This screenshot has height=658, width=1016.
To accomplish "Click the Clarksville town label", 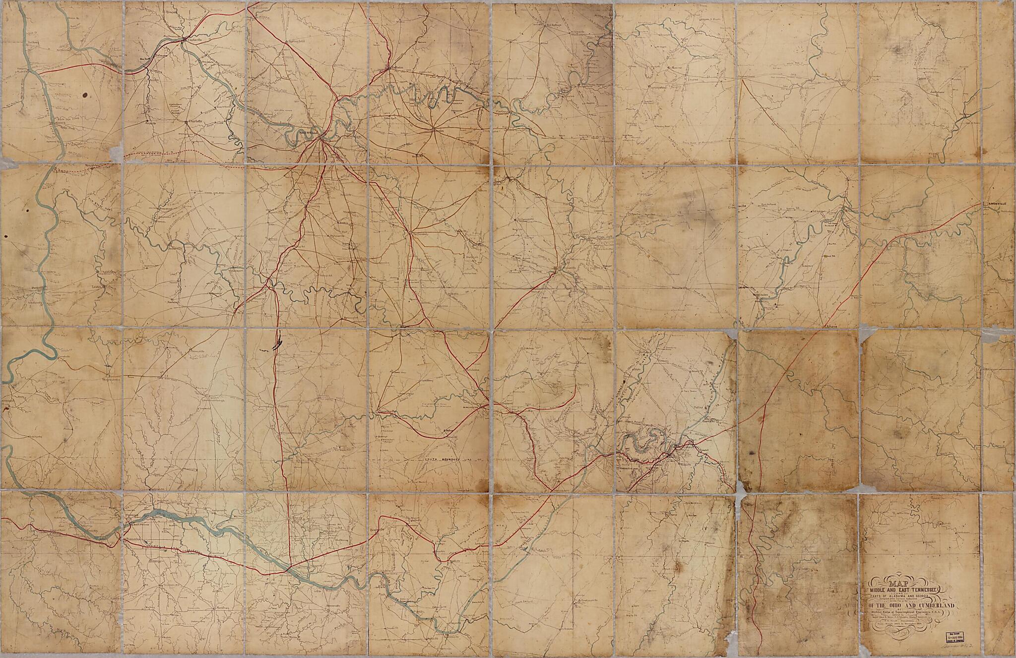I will (x=192, y=39).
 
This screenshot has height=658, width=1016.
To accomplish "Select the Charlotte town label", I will (x=193, y=121).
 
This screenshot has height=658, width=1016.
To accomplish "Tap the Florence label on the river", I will (x=131, y=516).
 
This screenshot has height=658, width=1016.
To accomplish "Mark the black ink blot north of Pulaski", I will (x=277, y=343).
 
